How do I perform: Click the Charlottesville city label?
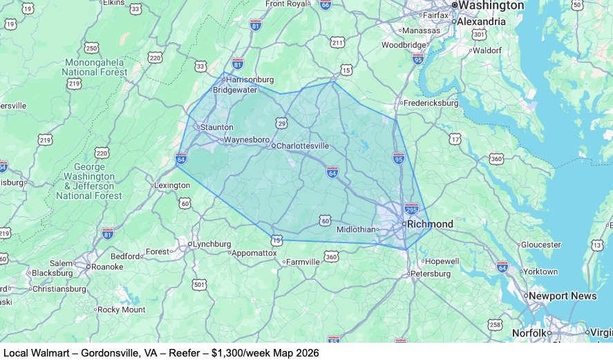pos(302,146)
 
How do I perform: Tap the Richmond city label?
pos(430,224)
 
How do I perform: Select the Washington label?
pos(491,6)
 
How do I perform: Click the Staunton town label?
pos(216,127)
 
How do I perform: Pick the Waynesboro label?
pos(247,140)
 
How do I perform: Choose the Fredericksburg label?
pos(431,104)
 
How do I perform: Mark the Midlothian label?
pos(357,229)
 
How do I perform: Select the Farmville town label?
pos(303,263)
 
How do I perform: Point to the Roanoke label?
pos(107,267)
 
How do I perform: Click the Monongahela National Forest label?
pos(95,67)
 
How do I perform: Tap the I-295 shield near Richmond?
pos(411,208)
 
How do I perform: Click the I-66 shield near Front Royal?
pos(325,4)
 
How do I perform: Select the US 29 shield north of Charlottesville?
pos(282,123)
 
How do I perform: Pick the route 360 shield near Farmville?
pos(332,257)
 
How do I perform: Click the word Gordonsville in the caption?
pos(110,353)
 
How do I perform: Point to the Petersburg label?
pos(431,274)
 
